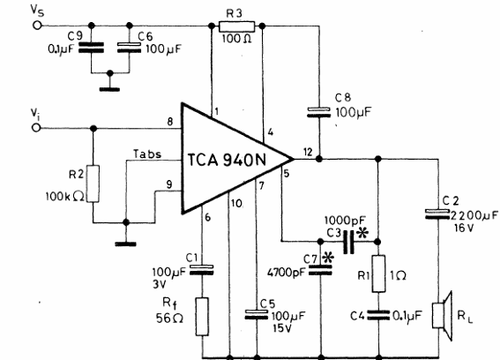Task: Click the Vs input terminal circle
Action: coord(37,26)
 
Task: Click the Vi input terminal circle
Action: coord(36,128)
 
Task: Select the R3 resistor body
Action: coord(237,26)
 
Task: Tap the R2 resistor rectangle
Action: coord(93,184)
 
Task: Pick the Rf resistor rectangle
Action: coord(202,317)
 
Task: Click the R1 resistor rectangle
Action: coord(378,274)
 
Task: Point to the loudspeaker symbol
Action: coord(442,316)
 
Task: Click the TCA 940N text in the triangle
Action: coord(227,160)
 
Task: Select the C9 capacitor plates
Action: coord(91,48)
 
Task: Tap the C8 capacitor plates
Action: coord(319,112)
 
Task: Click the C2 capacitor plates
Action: coord(437,214)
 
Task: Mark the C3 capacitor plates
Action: coord(349,242)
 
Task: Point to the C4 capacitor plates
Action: coord(378,315)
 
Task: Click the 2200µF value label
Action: coord(474,216)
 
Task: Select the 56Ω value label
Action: coord(169,318)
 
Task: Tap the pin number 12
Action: coord(308,152)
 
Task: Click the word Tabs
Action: coord(147,154)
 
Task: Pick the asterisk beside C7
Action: coord(328,258)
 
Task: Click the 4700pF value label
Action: coord(285,273)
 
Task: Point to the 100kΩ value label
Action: coord(65,196)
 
